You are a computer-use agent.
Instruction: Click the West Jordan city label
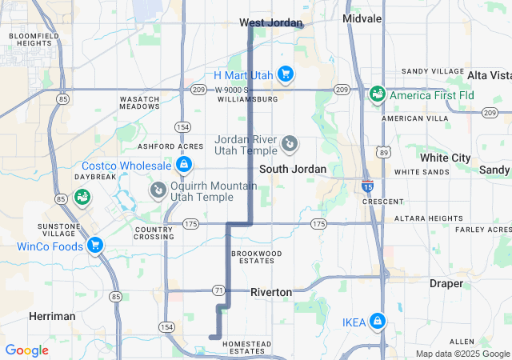[x=271, y=22]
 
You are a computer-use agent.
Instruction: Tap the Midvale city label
[x=362, y=18]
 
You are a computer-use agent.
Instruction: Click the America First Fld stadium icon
[x=377, y=95]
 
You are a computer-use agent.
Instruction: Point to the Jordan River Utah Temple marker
[x=290, y=145]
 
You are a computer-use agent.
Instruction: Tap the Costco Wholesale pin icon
[x=184, y=165]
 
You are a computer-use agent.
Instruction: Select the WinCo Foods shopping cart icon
[x=95, y=246]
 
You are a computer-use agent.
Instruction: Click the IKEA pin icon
[x=377, y=322]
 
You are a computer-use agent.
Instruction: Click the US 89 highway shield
[x=385, y=150]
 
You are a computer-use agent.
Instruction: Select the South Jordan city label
[x=293, y=169]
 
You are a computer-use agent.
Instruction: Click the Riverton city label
[x=271, y=292]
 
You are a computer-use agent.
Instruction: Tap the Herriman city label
[x=52, y=316]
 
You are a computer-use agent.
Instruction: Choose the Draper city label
[x=446, y=283]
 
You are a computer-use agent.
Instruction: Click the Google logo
[x=26, y=350]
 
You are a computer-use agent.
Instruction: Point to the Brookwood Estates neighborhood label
[x=257, y=257]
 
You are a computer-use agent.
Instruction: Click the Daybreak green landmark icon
[x=82, y=196]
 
